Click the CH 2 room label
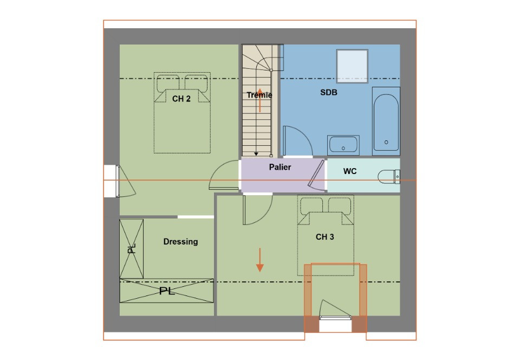point(181,99)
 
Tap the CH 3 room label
point(324,237)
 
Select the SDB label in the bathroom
point(329,93)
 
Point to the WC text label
point(350,171)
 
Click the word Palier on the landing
point(280,167)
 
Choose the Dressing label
point(180,242)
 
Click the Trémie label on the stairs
point(259,95)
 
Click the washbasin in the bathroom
point(343,145)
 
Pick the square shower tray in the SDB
point(352,66)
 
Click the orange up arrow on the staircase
point(260,100)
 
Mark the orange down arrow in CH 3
point(260,260)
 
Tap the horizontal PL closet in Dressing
point(167,290)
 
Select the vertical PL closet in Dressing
point(131,249)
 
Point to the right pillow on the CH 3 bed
point(340,205)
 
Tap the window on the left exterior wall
point(111,181)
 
